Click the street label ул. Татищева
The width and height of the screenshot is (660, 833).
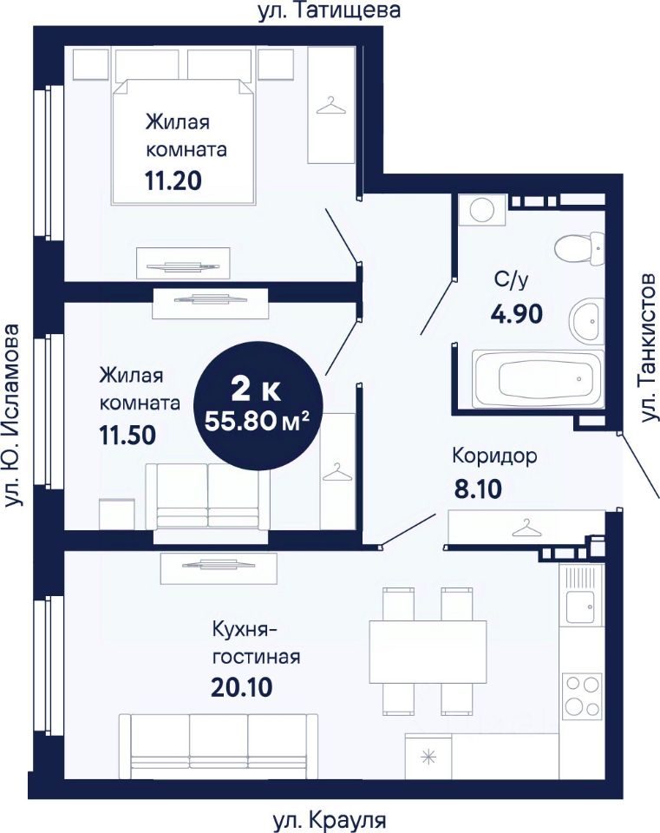click(330, 10)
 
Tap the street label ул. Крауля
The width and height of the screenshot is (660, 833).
click(330, 822)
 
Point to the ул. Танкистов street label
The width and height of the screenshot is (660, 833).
click(648, 348)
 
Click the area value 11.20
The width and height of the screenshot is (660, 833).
click(173, 181)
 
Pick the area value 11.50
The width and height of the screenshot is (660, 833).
click(127, 435)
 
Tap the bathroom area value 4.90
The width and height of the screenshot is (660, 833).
click(517, 314)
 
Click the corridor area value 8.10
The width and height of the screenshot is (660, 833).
click(478, 489)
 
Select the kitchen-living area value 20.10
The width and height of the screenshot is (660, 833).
click(242, 688)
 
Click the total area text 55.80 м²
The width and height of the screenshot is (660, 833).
click(257, 422)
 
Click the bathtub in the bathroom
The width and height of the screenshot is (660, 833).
click(538, 378)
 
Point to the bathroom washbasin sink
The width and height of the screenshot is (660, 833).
click(587, 320)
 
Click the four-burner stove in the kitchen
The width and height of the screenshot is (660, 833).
click(582, 695)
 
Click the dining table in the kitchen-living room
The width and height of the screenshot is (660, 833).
click(428, 652)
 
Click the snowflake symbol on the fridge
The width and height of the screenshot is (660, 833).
click(428, 757)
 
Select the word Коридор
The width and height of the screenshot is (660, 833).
click(495, 456)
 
